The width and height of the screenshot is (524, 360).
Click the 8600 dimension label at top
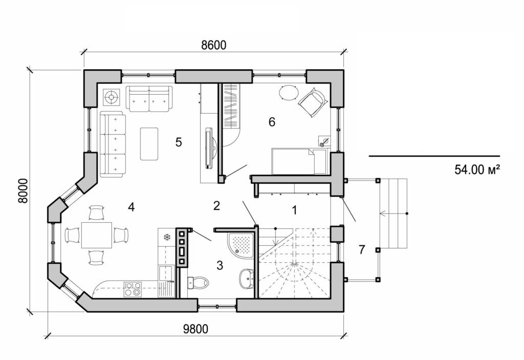coord(213,45)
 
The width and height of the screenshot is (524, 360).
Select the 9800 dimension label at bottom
coord(196,329)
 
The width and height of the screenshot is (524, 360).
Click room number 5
coord(179,142)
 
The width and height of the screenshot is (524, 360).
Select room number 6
coord(272,122)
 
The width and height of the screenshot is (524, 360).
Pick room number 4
coord(132,207)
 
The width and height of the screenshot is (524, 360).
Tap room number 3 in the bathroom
coord(220,265)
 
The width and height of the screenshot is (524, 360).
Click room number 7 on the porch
coord(362,250)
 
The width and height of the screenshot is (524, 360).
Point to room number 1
coord(294,209)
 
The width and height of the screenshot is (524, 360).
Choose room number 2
coord(216,206)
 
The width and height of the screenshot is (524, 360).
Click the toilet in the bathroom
coord(198,282)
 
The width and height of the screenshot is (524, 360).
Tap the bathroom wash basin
coord(246,279)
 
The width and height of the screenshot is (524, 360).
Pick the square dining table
coord(97,235)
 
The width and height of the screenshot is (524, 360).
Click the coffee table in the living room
coord(149,143)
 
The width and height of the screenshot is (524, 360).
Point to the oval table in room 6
coord(288,93)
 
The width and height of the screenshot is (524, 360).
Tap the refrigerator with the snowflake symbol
coord(166,237)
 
